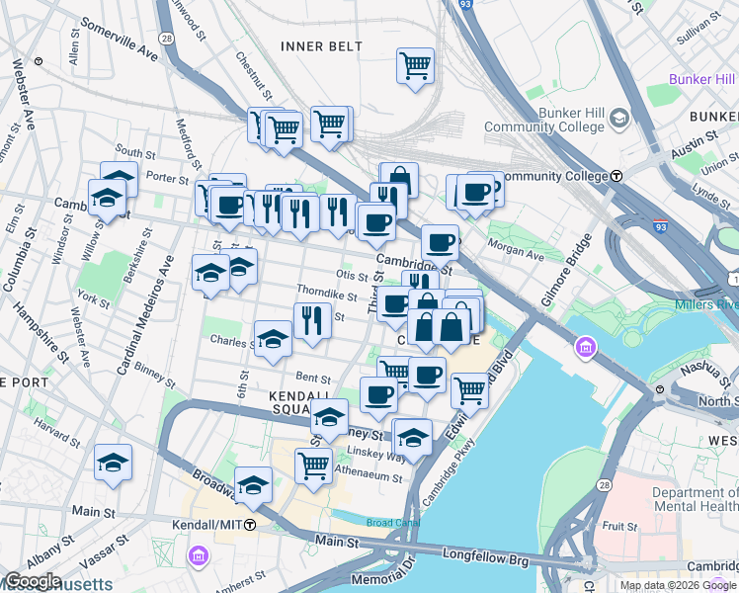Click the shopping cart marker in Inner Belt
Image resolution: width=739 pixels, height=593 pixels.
click(x=416, y=66)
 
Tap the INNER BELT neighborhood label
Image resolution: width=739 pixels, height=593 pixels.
click(x=321, y=46)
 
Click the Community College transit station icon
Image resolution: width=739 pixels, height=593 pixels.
click(x=616, y=176)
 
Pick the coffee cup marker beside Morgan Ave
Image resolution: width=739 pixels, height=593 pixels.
click(x=440, y=241)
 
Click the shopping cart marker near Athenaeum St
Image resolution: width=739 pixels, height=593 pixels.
click(x=313, y=465)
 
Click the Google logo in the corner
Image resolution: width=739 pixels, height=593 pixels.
click(x=32, y=581)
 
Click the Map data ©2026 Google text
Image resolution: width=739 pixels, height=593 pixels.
click(x=678, y=585)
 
